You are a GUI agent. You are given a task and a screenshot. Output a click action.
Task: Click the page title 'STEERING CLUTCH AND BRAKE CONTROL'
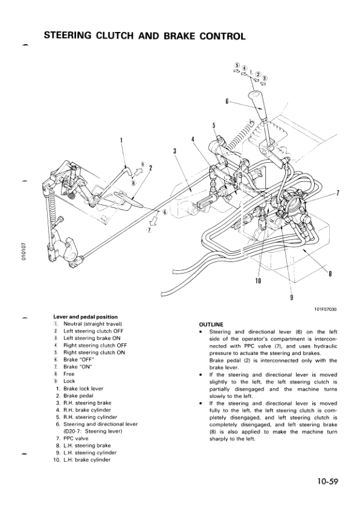pyautogui.click(x=144, y=36)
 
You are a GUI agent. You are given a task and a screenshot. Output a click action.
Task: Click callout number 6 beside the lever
pyautogui.click(x=227, y=102)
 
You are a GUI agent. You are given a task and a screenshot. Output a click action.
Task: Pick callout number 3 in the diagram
pyautogui.click(x=174, y=151)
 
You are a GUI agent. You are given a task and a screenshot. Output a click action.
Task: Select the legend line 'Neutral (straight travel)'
pyautogui.click(x=91, y=324)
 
